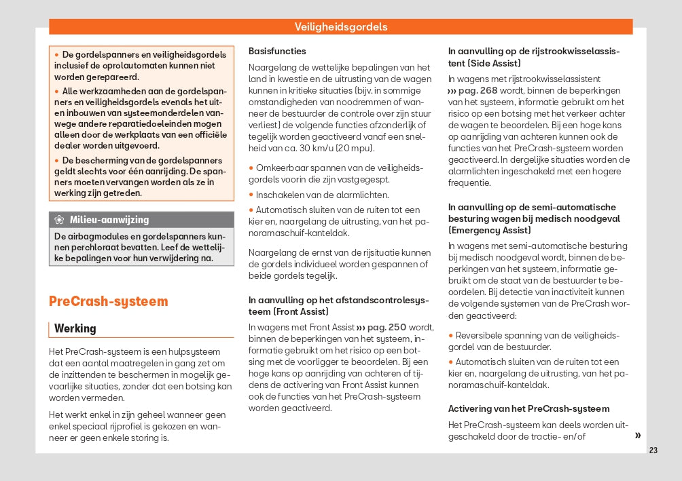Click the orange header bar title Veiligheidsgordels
coord(341,27)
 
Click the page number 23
coord(653,450)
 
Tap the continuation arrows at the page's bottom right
coord(638,436)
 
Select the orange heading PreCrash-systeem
coord(108,301)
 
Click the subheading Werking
coord(75,328)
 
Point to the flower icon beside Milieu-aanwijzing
coord(60,220)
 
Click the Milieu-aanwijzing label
coord(109,220)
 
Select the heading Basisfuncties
coord(277,51)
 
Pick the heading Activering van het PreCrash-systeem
coord(528,408)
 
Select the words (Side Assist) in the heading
coord(495,63)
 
